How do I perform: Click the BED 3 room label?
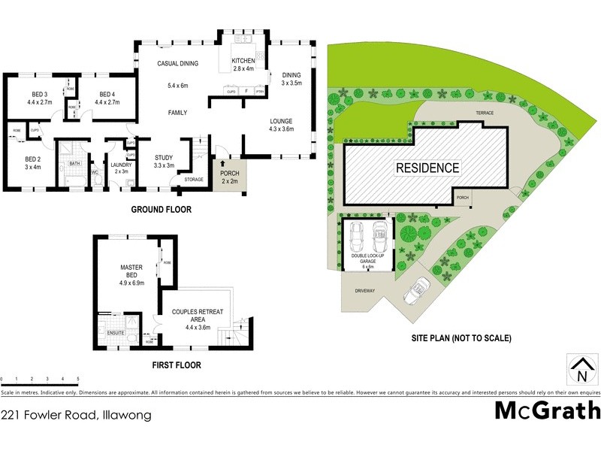(29, 95)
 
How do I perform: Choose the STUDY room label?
(164, 158)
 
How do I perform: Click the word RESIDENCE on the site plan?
(427, 168)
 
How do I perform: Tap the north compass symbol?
(581, 369)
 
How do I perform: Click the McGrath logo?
(548, 410)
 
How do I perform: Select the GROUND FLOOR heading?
(162, 209)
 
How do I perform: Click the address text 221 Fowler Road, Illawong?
(77, 415)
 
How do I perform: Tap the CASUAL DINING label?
(177, 64)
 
